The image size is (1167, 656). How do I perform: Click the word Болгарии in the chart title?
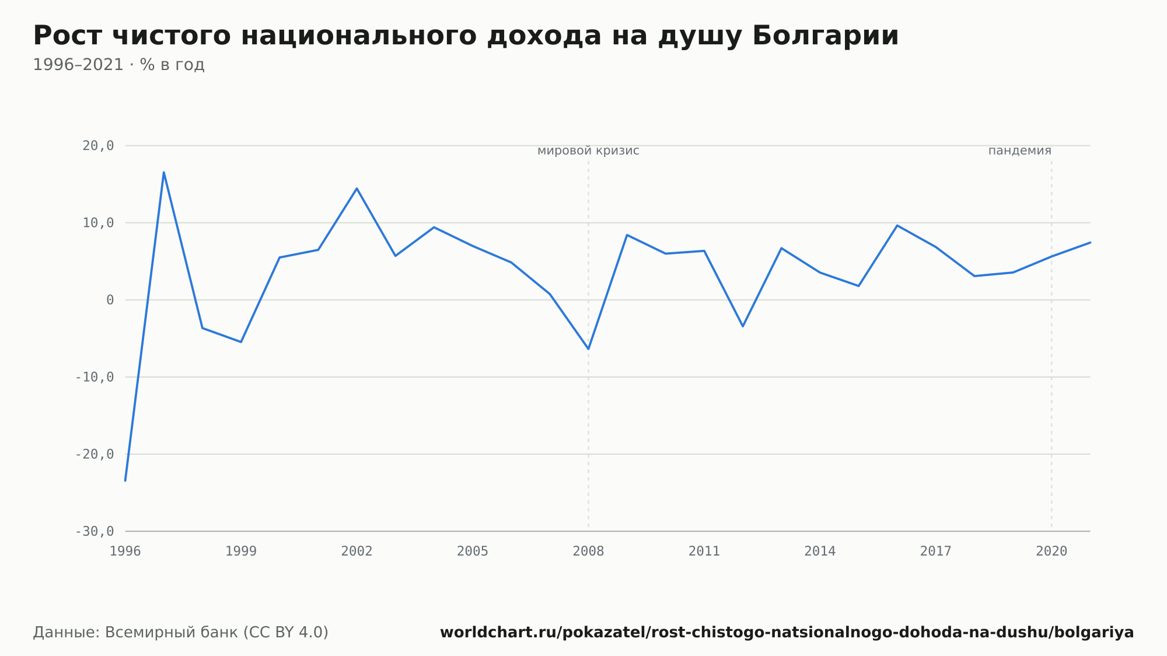825,36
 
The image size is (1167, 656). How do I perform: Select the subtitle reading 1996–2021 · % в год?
118,65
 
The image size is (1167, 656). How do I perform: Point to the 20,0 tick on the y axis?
98,146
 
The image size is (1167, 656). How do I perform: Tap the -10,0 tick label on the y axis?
95,377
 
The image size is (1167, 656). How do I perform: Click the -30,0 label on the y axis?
95,531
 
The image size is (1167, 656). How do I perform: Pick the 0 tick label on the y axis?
110,300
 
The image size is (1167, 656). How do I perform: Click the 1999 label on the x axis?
241,551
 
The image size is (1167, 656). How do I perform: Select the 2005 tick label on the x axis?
473,551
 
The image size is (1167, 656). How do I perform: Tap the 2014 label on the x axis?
820,551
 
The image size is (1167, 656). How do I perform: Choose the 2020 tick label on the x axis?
1051,551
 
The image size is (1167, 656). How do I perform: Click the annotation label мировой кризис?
588,151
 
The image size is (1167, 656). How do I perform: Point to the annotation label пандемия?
1020,151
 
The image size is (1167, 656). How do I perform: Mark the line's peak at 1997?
164,172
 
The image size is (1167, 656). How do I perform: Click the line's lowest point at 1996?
125,480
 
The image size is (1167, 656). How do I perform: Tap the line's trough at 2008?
588,349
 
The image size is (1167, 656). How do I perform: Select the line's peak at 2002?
357,189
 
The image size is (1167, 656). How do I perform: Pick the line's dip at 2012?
743,326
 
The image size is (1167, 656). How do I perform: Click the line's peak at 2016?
897,225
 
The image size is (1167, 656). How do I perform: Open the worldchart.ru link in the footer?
787,632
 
